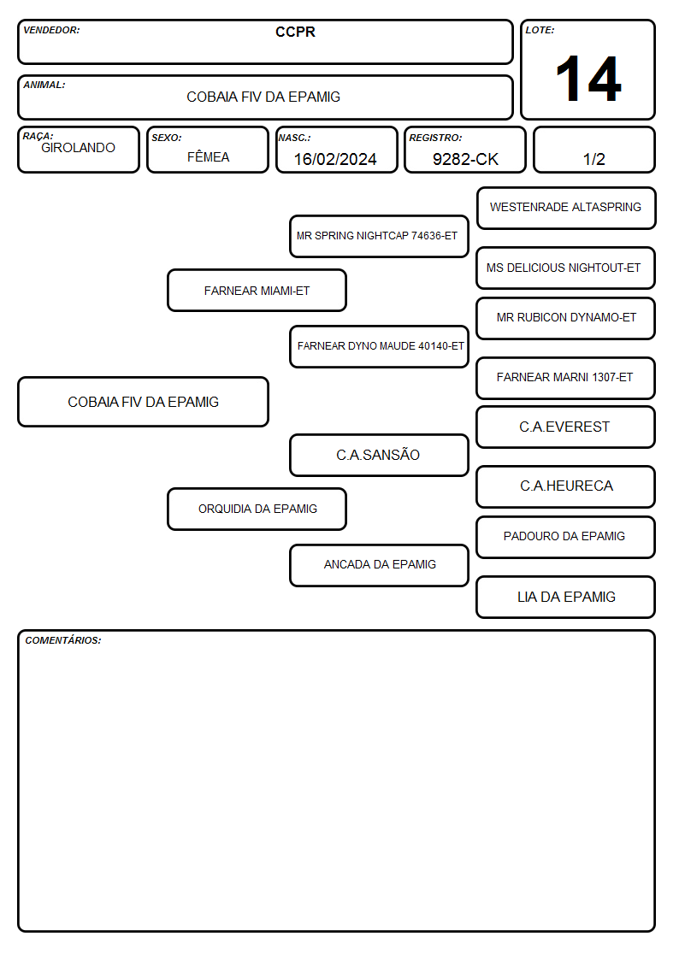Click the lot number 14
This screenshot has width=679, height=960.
point(588,79)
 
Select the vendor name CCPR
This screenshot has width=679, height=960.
point(295,32)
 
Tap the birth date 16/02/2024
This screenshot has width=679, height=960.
point(335,159)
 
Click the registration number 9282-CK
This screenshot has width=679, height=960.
point(465,159)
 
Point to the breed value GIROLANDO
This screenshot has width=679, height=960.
point(78,148)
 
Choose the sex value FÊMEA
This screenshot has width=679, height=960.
point(208,156)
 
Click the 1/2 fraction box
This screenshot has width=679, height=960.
point(593,150)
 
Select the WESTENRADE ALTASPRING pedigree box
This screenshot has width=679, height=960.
point(566,209)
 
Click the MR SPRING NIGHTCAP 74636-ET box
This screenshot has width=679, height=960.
point(379,236)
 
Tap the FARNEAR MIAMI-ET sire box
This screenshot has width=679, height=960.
point(257,290)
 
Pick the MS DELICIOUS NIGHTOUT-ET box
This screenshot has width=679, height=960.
point(566,268)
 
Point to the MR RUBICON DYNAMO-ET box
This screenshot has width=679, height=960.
point(566,318)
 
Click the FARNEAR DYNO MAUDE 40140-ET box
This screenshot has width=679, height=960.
point(379,346)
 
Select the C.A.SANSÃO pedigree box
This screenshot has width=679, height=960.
point(379,455)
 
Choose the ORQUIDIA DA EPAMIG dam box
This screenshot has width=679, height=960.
point(257,509)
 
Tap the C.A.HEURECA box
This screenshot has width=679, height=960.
point(566,486)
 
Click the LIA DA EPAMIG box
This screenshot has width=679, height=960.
point(566,597)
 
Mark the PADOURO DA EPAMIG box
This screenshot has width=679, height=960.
point(566,537)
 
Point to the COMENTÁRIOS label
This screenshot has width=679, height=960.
point(63,640)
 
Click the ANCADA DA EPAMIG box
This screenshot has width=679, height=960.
point(379,565)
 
